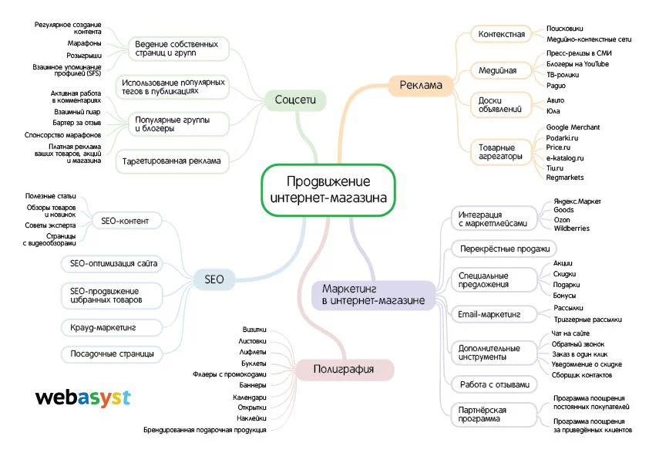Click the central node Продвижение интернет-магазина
[x=328, y=190]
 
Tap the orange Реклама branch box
[x=421, y=85]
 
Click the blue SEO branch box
[x=214, y=279]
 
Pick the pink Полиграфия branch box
[x=344, y=370]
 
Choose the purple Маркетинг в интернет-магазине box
[x=373, y=294]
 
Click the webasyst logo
[x=83, y=398]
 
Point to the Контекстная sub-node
[x=501, y=35]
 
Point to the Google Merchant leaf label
[x=572, y=127]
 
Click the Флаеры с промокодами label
[x=230, y=374]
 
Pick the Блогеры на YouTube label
[x=578, y=63]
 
